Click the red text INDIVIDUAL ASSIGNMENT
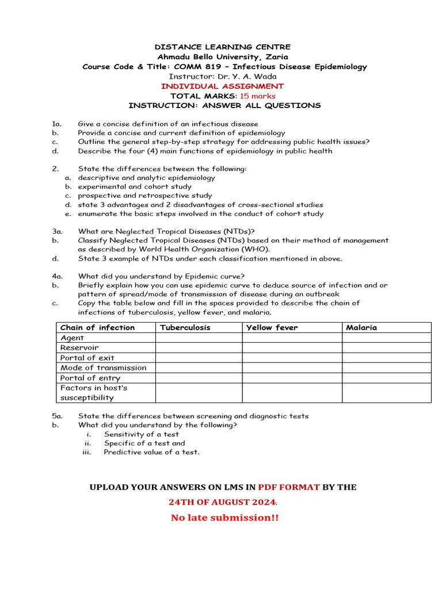[222, 86]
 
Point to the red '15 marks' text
[258, 96]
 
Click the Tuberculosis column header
[185, 327]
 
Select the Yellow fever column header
[272, 327]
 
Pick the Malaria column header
[361, 327]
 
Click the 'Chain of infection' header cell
[97, 327]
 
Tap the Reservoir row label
[79, 348]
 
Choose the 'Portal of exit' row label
[87, 358]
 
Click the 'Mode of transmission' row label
[103, 368]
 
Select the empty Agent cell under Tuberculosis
[199, 338]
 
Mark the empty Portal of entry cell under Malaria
[386, 378]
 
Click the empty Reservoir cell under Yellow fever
[292, 348]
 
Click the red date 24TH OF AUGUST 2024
[222, 502]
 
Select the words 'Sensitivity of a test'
[141, 434]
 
